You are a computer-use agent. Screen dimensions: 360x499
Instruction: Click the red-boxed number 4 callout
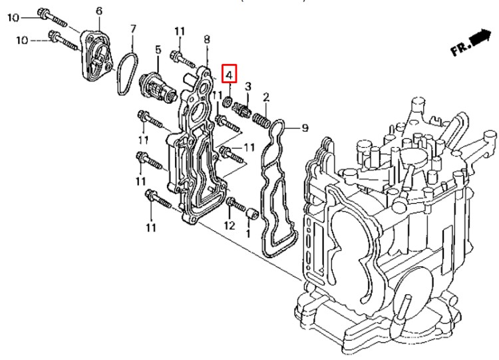click(x=229, y=74)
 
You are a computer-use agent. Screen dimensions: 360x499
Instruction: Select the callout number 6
click(x=99, y=11)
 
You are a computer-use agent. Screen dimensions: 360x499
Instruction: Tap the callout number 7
click(x=132, y=29)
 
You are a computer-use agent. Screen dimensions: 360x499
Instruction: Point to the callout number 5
click(x=158, y=49)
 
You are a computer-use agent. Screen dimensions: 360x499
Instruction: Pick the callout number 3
click(x=248, y=87)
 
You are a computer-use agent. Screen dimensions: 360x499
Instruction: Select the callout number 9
click(x=305, y=127)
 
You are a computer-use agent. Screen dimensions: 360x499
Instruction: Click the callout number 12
click(x=229, y=226)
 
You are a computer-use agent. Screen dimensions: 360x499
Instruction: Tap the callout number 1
click(x=248, y=234)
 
